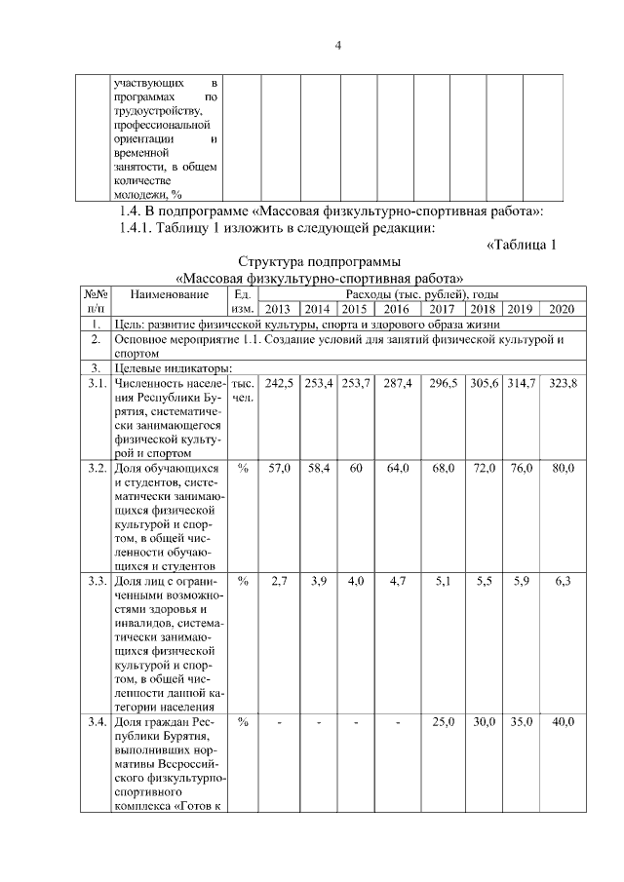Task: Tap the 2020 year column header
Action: [562, 309]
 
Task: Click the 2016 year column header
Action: [397, 309]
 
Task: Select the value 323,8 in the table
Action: [562, 385]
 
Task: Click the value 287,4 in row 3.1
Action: [397, 385]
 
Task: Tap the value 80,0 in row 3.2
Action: [563, 469]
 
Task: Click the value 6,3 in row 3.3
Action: [563, 581]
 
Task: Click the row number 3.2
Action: [96, 469]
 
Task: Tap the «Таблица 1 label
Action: [521, 245]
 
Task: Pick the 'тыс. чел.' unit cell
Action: [244, 392]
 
